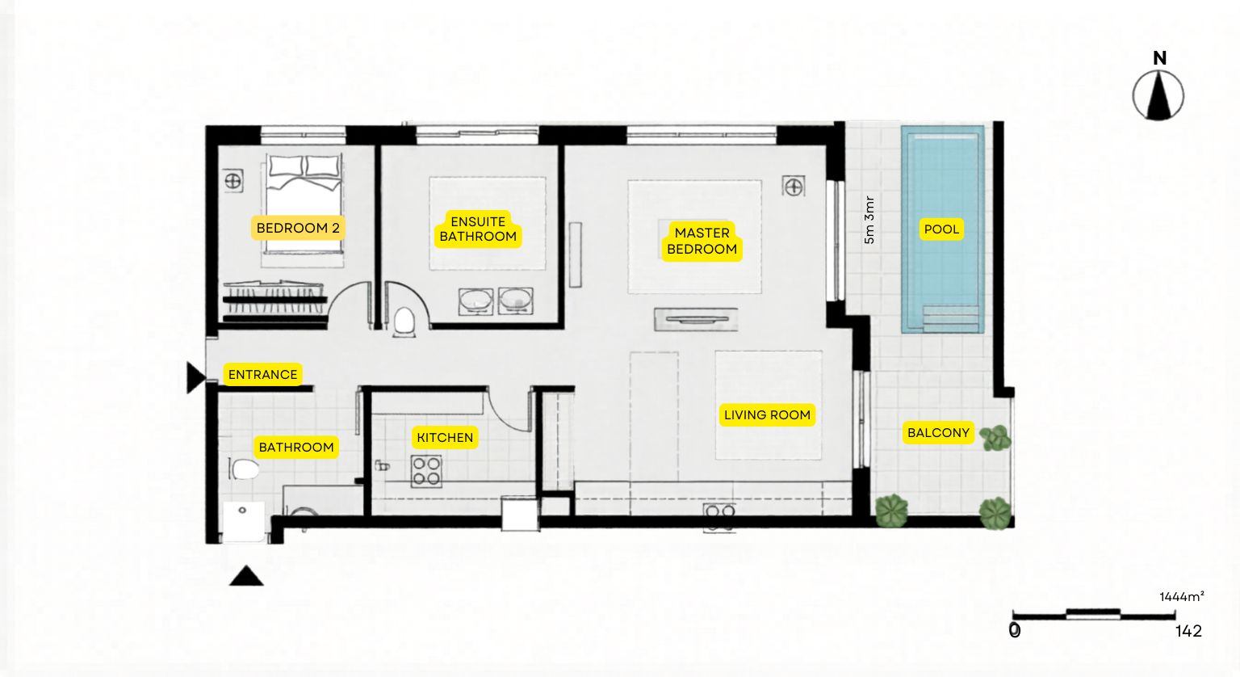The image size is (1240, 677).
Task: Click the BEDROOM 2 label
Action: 298,228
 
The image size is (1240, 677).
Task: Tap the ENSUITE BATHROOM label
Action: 478,229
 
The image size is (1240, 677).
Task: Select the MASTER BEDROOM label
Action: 702,241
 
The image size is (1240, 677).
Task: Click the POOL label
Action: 941,229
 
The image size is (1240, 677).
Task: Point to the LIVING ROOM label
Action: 767,414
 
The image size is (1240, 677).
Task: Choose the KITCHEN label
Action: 445,437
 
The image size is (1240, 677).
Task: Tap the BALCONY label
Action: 938,433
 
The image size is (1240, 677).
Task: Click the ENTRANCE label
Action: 263,374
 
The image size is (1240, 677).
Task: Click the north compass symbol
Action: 1158,96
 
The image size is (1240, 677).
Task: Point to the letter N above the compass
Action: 1160,58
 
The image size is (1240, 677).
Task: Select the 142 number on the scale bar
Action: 1188,631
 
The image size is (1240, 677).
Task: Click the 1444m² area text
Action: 1182,597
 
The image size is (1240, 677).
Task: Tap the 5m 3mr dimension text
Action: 869,220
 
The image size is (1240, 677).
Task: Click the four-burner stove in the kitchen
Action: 426,471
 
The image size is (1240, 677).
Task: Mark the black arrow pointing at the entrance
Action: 196,378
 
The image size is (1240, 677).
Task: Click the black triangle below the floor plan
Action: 246,576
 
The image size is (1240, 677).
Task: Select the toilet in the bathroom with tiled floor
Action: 244,469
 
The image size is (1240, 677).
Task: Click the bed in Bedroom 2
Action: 303,204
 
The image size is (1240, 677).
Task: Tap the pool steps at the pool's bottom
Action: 950,318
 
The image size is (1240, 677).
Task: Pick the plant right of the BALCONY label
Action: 996,438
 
